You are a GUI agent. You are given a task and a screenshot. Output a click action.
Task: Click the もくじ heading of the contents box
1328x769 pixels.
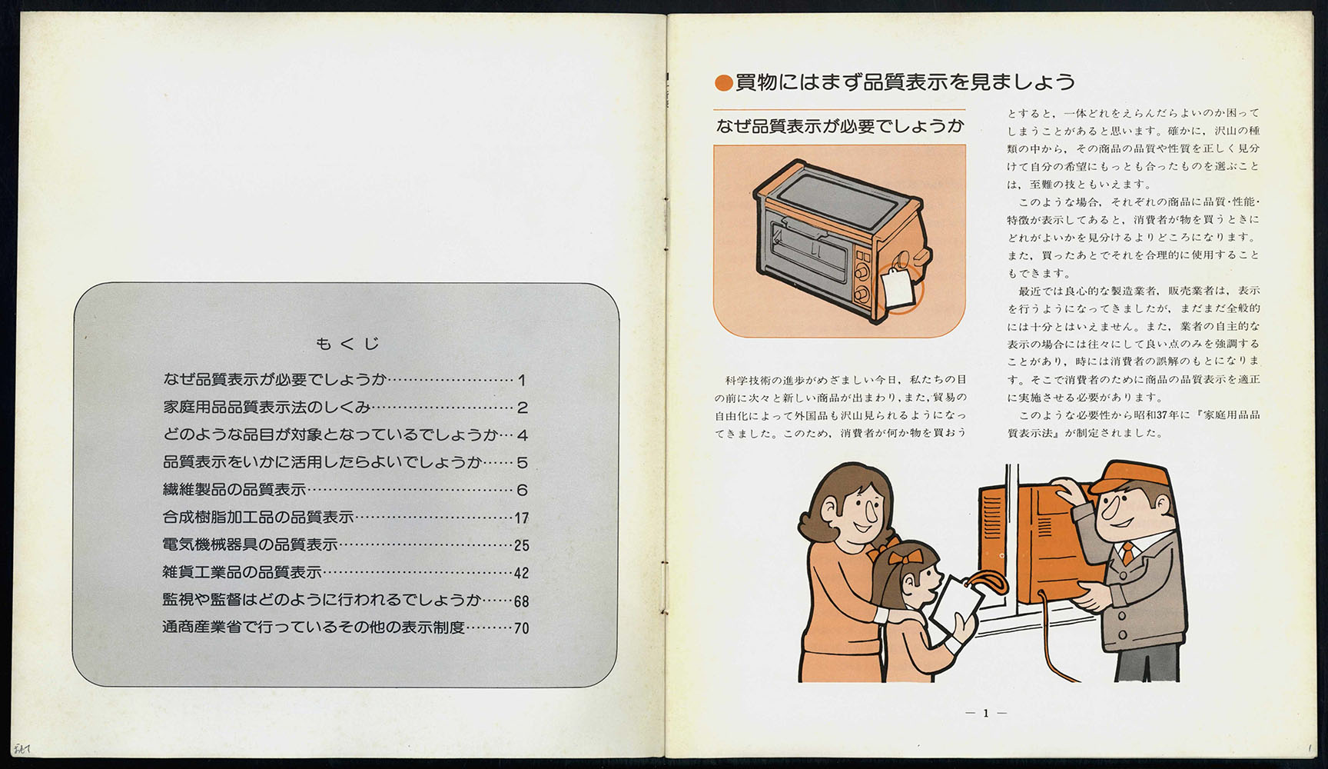pyautogui.click(x=347, y=344)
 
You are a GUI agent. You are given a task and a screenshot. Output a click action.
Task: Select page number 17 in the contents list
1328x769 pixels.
pyautogui.click(x=522, y=518)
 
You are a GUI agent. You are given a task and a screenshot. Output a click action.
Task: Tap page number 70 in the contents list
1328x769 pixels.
pyautogui.click(x=522, y=628)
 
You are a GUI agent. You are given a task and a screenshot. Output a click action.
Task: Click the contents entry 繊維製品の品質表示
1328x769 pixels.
pyautogui.click(x=234, y=490)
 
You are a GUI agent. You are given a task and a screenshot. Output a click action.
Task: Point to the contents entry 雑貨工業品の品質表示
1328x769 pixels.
pyautogui.click(x=242, y=572)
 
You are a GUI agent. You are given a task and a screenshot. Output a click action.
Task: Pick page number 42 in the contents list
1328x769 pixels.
pyautogui.click(x=522, y=573)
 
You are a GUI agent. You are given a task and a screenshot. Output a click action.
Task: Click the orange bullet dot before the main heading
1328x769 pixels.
pyautogui.click(x=723, y=82)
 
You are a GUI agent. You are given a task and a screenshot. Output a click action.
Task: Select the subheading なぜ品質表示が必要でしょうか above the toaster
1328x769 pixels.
pyautogui.click(x=839, y=126)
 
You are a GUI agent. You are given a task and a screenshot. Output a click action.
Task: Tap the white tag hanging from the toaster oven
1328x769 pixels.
pyautogui.click(x=897, y=287)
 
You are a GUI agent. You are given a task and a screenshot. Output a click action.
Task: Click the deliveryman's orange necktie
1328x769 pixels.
pyautogui.click(x=1127, y=553)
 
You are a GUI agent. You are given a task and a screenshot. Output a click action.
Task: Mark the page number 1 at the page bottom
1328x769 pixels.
pyautogui.click(x=986, y=713)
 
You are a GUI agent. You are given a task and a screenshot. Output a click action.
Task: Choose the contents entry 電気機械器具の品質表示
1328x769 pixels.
pyautogui.click(x=251, y=545)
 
